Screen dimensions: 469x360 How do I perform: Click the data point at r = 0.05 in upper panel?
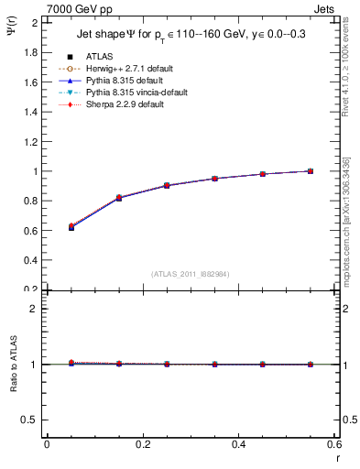(x=71, y=226)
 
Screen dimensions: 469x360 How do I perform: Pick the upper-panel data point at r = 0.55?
(x=311, y=170)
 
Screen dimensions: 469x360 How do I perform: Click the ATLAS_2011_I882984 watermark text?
(x=190, y=274)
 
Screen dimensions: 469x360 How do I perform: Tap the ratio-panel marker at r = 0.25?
(x=167, y=364)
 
